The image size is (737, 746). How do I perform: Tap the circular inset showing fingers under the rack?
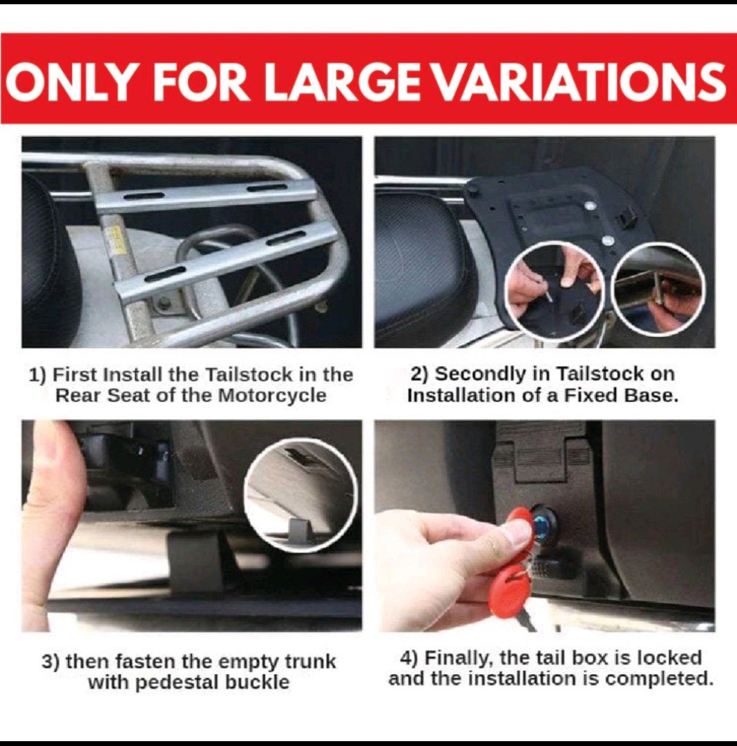(658, 289)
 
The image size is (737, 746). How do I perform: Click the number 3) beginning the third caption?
(50, 662)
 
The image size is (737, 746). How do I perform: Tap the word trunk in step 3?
(309, 662)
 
